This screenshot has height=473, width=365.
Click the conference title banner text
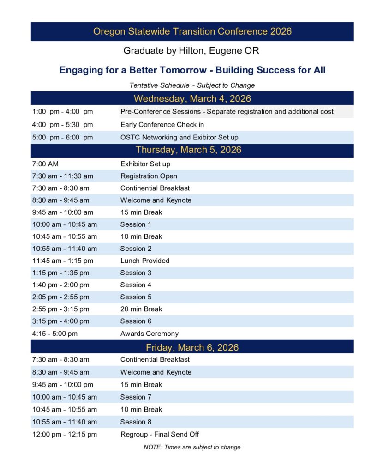(192, 31)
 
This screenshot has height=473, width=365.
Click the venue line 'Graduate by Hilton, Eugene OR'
(192, 50)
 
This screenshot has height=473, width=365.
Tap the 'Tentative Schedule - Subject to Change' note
(192, 85)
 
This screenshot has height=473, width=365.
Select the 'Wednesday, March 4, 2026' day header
(192, 98)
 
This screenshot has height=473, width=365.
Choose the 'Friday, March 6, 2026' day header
(192, 347)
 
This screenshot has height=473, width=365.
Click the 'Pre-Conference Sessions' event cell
(227, 112)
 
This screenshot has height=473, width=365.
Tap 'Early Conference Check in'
(162, 125)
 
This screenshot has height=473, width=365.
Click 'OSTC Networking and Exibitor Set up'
(179, 137)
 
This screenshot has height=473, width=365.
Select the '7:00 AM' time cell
(45, 164)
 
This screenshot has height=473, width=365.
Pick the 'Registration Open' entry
(149, 176)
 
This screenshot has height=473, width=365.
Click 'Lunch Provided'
(145, 261)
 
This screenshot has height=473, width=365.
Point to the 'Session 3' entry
(136, 273)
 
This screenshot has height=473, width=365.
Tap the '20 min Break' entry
(141, 309)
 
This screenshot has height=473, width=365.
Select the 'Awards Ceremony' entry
(149, 334)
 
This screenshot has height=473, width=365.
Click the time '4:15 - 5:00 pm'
(55, 334)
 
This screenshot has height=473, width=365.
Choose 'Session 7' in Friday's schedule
(136, 397)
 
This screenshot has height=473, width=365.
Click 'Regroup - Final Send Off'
(160, 434)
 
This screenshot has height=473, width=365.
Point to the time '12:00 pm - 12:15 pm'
(65, 434)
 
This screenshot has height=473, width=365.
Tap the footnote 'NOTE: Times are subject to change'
(192, 447)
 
